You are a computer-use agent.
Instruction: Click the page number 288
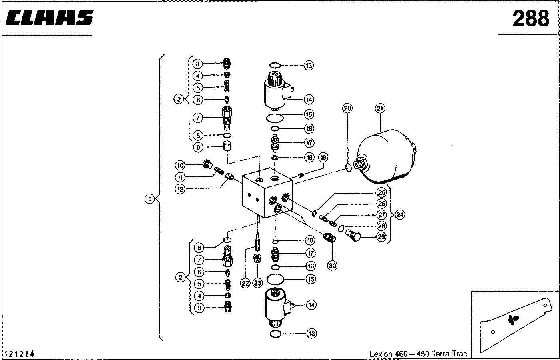point(531,18)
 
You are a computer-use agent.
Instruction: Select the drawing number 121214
point(19,354)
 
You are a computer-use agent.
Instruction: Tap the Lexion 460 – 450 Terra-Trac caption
point(418,354)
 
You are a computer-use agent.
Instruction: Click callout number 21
point(380,108)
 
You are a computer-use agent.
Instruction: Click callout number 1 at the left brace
point(149,199)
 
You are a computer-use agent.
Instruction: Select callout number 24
point(399,215)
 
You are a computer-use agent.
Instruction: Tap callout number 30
point(332,264)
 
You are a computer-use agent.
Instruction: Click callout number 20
point(347,108)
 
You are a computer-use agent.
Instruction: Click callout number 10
point(181,165)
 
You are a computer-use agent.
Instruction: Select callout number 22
point(245,283)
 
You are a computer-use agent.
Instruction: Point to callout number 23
point(258,283)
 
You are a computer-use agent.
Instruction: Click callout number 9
point(198,147)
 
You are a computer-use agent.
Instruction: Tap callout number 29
point(381,237)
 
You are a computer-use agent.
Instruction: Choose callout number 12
point(181,189)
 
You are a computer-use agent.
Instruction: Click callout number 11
point(181,177)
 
